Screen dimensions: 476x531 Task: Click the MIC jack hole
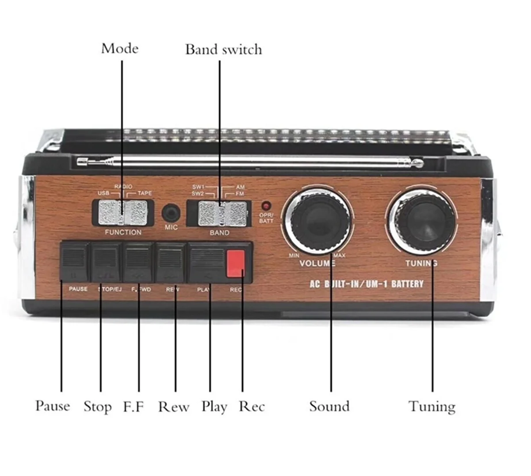tap(171, 213)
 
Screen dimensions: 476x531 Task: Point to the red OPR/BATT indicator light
tap(266, 206)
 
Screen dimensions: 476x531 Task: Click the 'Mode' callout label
tap(119, 48)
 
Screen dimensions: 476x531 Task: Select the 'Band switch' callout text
tap(223, 49)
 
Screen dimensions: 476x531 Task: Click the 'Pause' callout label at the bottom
tap(53, 406)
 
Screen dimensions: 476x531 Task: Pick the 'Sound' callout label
tap(329, 406)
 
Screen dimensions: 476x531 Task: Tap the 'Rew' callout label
tap(173, 407)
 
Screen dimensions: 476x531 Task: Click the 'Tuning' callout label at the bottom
tap(432, 406)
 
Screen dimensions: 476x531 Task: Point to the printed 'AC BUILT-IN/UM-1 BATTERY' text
tap(366, 284)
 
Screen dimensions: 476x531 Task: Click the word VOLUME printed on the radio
tap(317, 264)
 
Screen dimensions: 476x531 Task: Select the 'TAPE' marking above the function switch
tap(144, 193)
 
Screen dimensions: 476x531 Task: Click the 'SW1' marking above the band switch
tap(198, 187)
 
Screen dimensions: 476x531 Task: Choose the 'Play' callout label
tap(214, 407)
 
